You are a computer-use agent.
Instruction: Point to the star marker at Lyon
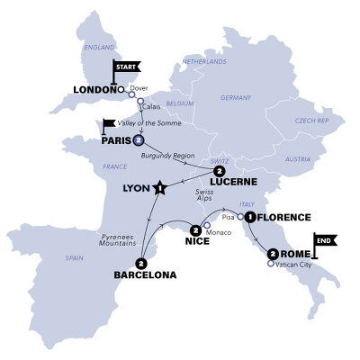[x=159, y=188]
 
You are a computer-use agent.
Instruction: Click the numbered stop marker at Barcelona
[x=139, y=264]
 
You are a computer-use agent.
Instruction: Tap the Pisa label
[x=228, y=217]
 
